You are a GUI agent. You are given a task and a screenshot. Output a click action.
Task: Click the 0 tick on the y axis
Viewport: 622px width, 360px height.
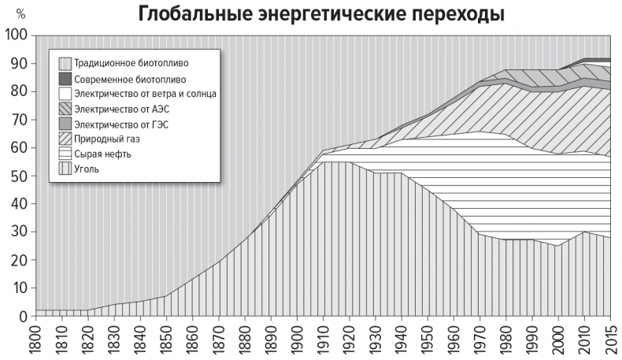pyautogui.click(x=24, y=317)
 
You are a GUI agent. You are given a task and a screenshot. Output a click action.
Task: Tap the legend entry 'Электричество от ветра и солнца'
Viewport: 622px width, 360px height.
pyautogui.click(x=145, y=94)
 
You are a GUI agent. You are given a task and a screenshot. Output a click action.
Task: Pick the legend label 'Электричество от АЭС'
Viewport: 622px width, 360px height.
pyautogui.click(x=121, y=109)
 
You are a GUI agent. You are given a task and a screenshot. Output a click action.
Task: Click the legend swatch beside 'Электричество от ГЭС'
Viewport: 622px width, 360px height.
pyautogui.click(x=65, y=124)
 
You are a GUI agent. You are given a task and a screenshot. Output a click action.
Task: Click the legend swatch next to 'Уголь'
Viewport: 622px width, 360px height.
pyautogui.click(x=65, y=169)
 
